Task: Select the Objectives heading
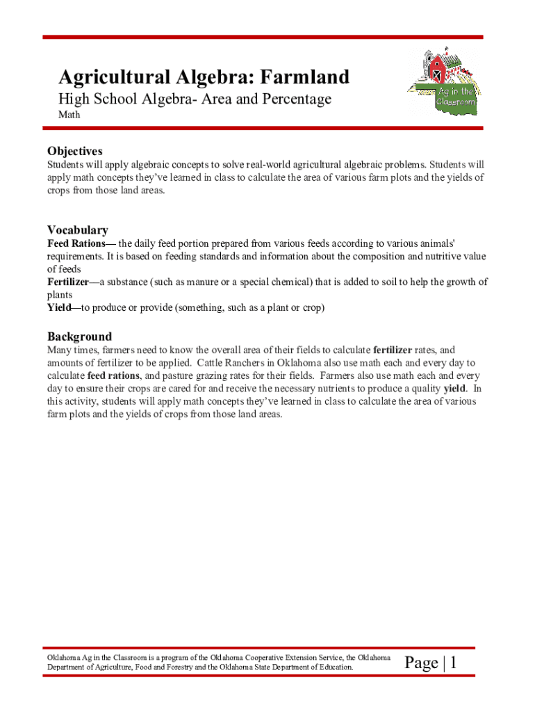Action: click(75, 151)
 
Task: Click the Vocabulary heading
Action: click(78, 230)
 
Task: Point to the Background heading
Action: click(79, 337)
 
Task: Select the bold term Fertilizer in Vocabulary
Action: click(68, 282)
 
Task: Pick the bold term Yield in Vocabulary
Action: click(59, 307)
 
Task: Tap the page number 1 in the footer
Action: click(453, 664)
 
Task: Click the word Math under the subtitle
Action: click(69, 115)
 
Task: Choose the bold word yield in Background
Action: click(455, 388)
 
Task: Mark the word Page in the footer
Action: click(421, 664)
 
